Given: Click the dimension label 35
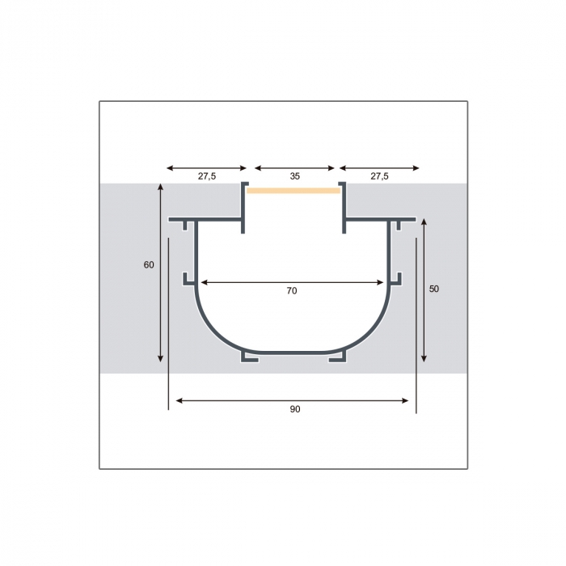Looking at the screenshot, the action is (295, 176).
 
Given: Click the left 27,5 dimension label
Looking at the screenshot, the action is (207, 176).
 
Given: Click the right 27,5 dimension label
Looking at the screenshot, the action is (379, 176).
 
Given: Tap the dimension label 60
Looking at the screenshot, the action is (149, 265).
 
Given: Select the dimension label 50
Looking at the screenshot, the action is (434, 289).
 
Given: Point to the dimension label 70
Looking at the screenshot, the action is (292, 290).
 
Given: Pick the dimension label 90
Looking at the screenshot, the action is (295, 409).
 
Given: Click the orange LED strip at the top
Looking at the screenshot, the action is (294, 191).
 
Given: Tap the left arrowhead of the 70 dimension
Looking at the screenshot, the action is (204, 282).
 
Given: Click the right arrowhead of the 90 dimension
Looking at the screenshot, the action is (405, 400).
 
